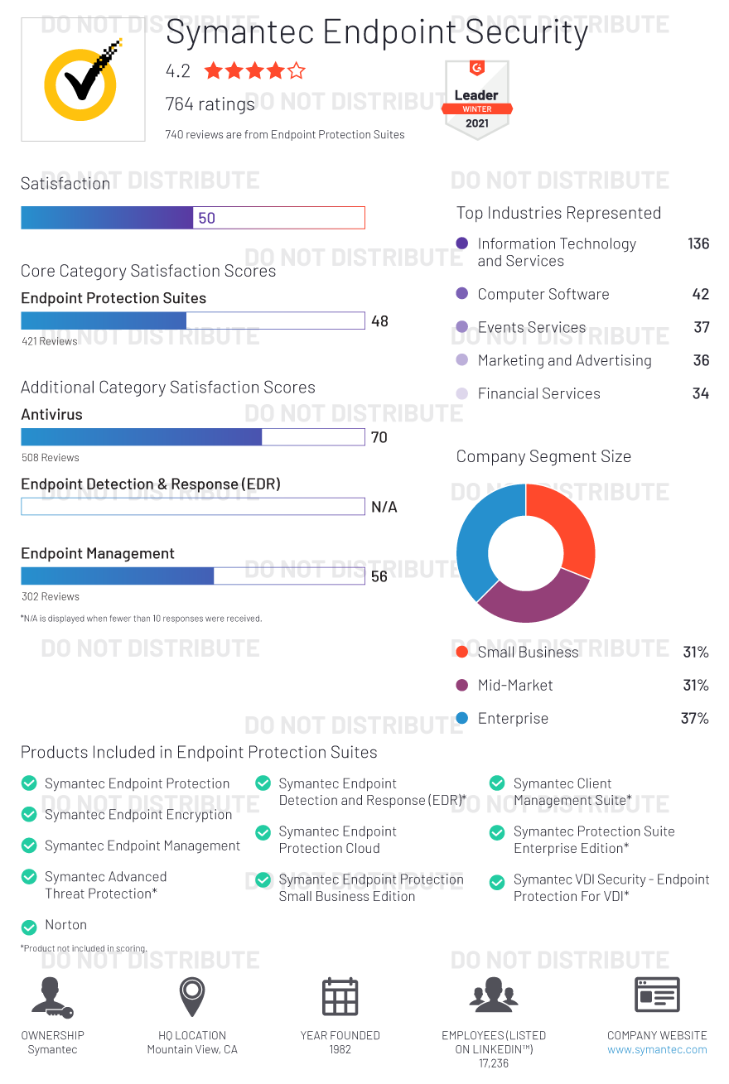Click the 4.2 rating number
click(x=177, y=71)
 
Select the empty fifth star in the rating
click(x=296, y=71)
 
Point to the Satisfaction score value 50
click(x=206, y=218)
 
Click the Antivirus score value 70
click(x=379, y=437)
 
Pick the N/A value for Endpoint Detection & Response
click(x=384, y=507)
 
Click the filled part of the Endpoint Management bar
click(x=117, y=576)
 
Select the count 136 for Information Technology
click(x=698, y=243)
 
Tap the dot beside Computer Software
click(x=462, y=294)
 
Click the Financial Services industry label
click(x=538, y=393)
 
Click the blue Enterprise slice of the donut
click(x=472, y=538)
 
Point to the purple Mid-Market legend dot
click(x=462, y=685)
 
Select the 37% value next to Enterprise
click(x=694, y=718)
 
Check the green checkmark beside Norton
click(x=29, y=927)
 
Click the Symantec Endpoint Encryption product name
click(x=138, y=815)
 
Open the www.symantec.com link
click(x=657, y=1049)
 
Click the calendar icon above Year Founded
click(x=340, y=996)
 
